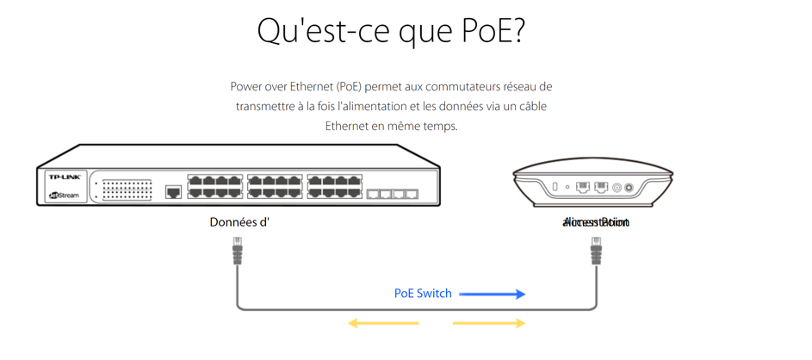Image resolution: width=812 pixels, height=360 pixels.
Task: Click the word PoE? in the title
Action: click(x=484, y=31)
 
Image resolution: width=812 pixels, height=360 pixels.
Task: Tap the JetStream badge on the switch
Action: click(x=63, y=196)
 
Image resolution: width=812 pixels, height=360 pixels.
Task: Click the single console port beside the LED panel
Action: click(x=172, y=192)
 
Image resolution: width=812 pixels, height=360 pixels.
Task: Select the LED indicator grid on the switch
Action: click(x=127, y=189)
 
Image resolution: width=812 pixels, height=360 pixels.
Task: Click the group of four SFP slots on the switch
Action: click(x=392, y=195)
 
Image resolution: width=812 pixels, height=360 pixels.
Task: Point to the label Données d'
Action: click(x=240, y=222)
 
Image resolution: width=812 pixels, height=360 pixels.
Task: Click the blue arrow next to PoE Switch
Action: click(x=492, y=294)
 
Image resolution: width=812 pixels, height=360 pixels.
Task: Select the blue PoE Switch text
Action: click(x=423, y=294)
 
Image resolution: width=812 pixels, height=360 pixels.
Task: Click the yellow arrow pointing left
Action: click(x=383, y=324)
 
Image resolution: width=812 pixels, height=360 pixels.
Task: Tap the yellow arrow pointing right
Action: click(x=489, y=324)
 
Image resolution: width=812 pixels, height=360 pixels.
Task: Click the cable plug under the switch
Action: click(x=237, y=254)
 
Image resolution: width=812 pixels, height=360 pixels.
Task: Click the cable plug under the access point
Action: click(x=596, y=254)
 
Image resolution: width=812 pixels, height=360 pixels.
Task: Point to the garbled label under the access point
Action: click(x=595, y=223)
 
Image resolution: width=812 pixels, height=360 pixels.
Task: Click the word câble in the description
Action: click(x=531, y=106)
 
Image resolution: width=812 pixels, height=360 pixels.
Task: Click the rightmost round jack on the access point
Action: click(x=629, y=188)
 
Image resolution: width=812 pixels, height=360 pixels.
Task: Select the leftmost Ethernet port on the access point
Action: click(x=583, y=187)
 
